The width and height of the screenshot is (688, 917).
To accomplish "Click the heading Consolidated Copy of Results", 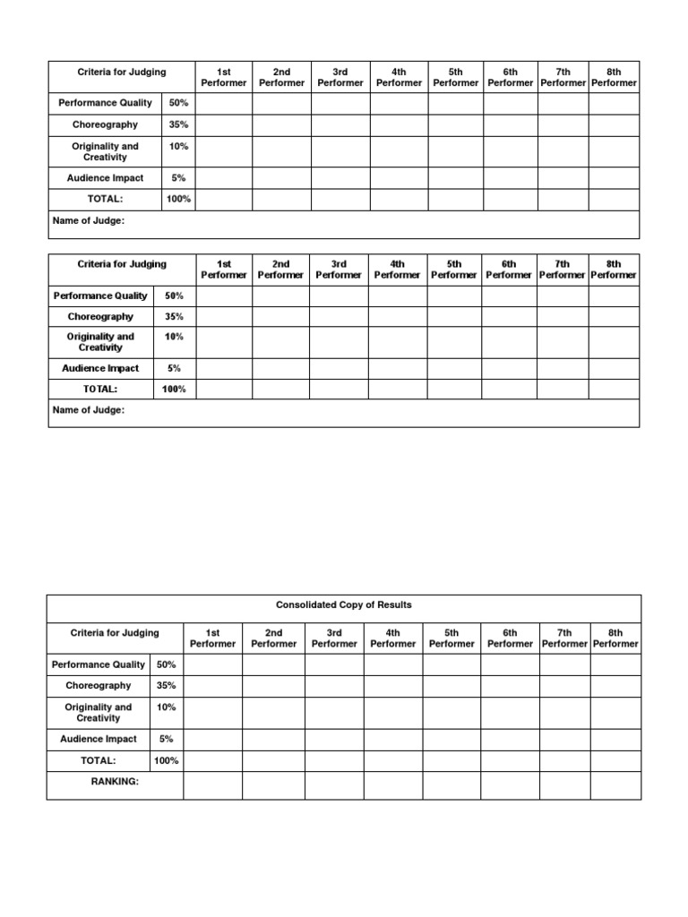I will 344,605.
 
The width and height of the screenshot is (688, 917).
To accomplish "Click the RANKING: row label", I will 115,782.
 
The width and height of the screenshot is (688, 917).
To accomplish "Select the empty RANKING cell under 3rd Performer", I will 334,785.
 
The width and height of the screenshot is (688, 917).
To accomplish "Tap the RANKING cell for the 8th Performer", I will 615,785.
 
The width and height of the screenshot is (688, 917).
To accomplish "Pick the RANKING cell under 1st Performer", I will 212,785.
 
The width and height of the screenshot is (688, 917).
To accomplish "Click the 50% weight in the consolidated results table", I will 167,664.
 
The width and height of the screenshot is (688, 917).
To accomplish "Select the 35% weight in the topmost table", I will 178,124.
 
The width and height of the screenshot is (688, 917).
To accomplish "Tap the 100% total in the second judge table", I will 174,390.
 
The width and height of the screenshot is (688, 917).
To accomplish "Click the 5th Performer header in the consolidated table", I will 451,638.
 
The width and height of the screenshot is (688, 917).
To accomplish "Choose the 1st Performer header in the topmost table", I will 224,77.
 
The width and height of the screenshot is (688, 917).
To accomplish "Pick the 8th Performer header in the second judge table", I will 614,270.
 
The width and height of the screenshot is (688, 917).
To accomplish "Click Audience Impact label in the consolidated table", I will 99,739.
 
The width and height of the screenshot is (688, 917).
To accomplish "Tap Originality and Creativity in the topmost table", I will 106,151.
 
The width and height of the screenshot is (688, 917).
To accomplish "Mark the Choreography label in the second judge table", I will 100,316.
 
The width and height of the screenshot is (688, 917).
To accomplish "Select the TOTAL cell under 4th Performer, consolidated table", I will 393,760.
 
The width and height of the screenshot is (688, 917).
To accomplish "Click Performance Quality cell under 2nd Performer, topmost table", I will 281,103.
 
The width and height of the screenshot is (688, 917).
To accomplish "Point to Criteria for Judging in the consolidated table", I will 115,632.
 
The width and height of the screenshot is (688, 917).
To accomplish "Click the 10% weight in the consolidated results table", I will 167,707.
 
